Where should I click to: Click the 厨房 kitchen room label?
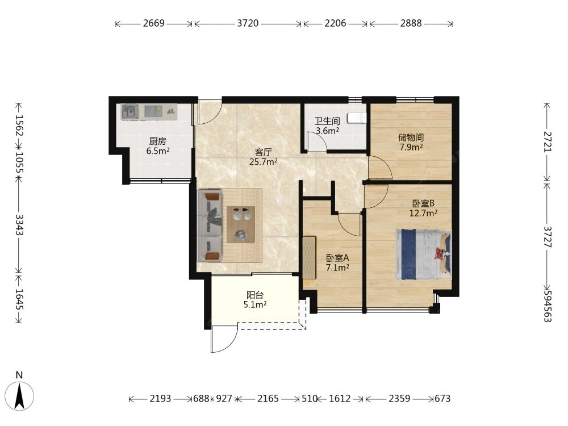tap(157, 141)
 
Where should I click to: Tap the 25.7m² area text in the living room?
tap(264, 162)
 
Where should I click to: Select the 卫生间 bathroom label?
tap(327, 122)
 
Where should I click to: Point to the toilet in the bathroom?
tap(357, 118)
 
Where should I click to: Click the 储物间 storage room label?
tap(411, 137)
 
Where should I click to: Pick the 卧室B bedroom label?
tap(423, 203)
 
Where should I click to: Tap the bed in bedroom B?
tap(424, 254)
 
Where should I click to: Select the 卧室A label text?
tap(337, 258)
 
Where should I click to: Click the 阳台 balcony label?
tap(255, 295)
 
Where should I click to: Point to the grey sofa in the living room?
tap(210, 225)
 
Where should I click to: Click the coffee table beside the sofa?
tap(241, 224)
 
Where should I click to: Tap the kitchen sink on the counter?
tap(130, 112)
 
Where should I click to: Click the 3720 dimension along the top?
tap(248, 23)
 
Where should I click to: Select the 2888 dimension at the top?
tap(411, 23)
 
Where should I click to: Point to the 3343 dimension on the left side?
tap(19, 225)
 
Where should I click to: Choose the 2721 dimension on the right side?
tap(548, 141)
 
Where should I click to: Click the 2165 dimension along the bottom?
tap(268, 399)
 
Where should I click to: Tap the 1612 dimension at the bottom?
tap(340, 399)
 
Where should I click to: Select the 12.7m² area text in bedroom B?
tap(423, 214)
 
